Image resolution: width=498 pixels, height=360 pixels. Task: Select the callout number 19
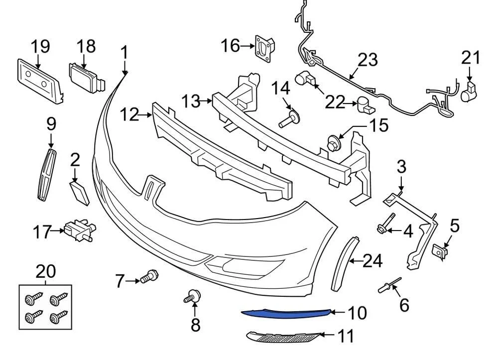[40, 46]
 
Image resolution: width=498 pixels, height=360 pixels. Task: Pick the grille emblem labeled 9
[47, 175]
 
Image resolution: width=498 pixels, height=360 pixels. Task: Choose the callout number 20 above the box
[45, 272]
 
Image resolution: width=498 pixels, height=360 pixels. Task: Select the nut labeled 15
[332, 142]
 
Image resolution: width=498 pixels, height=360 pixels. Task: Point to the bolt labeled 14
[289, 120]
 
